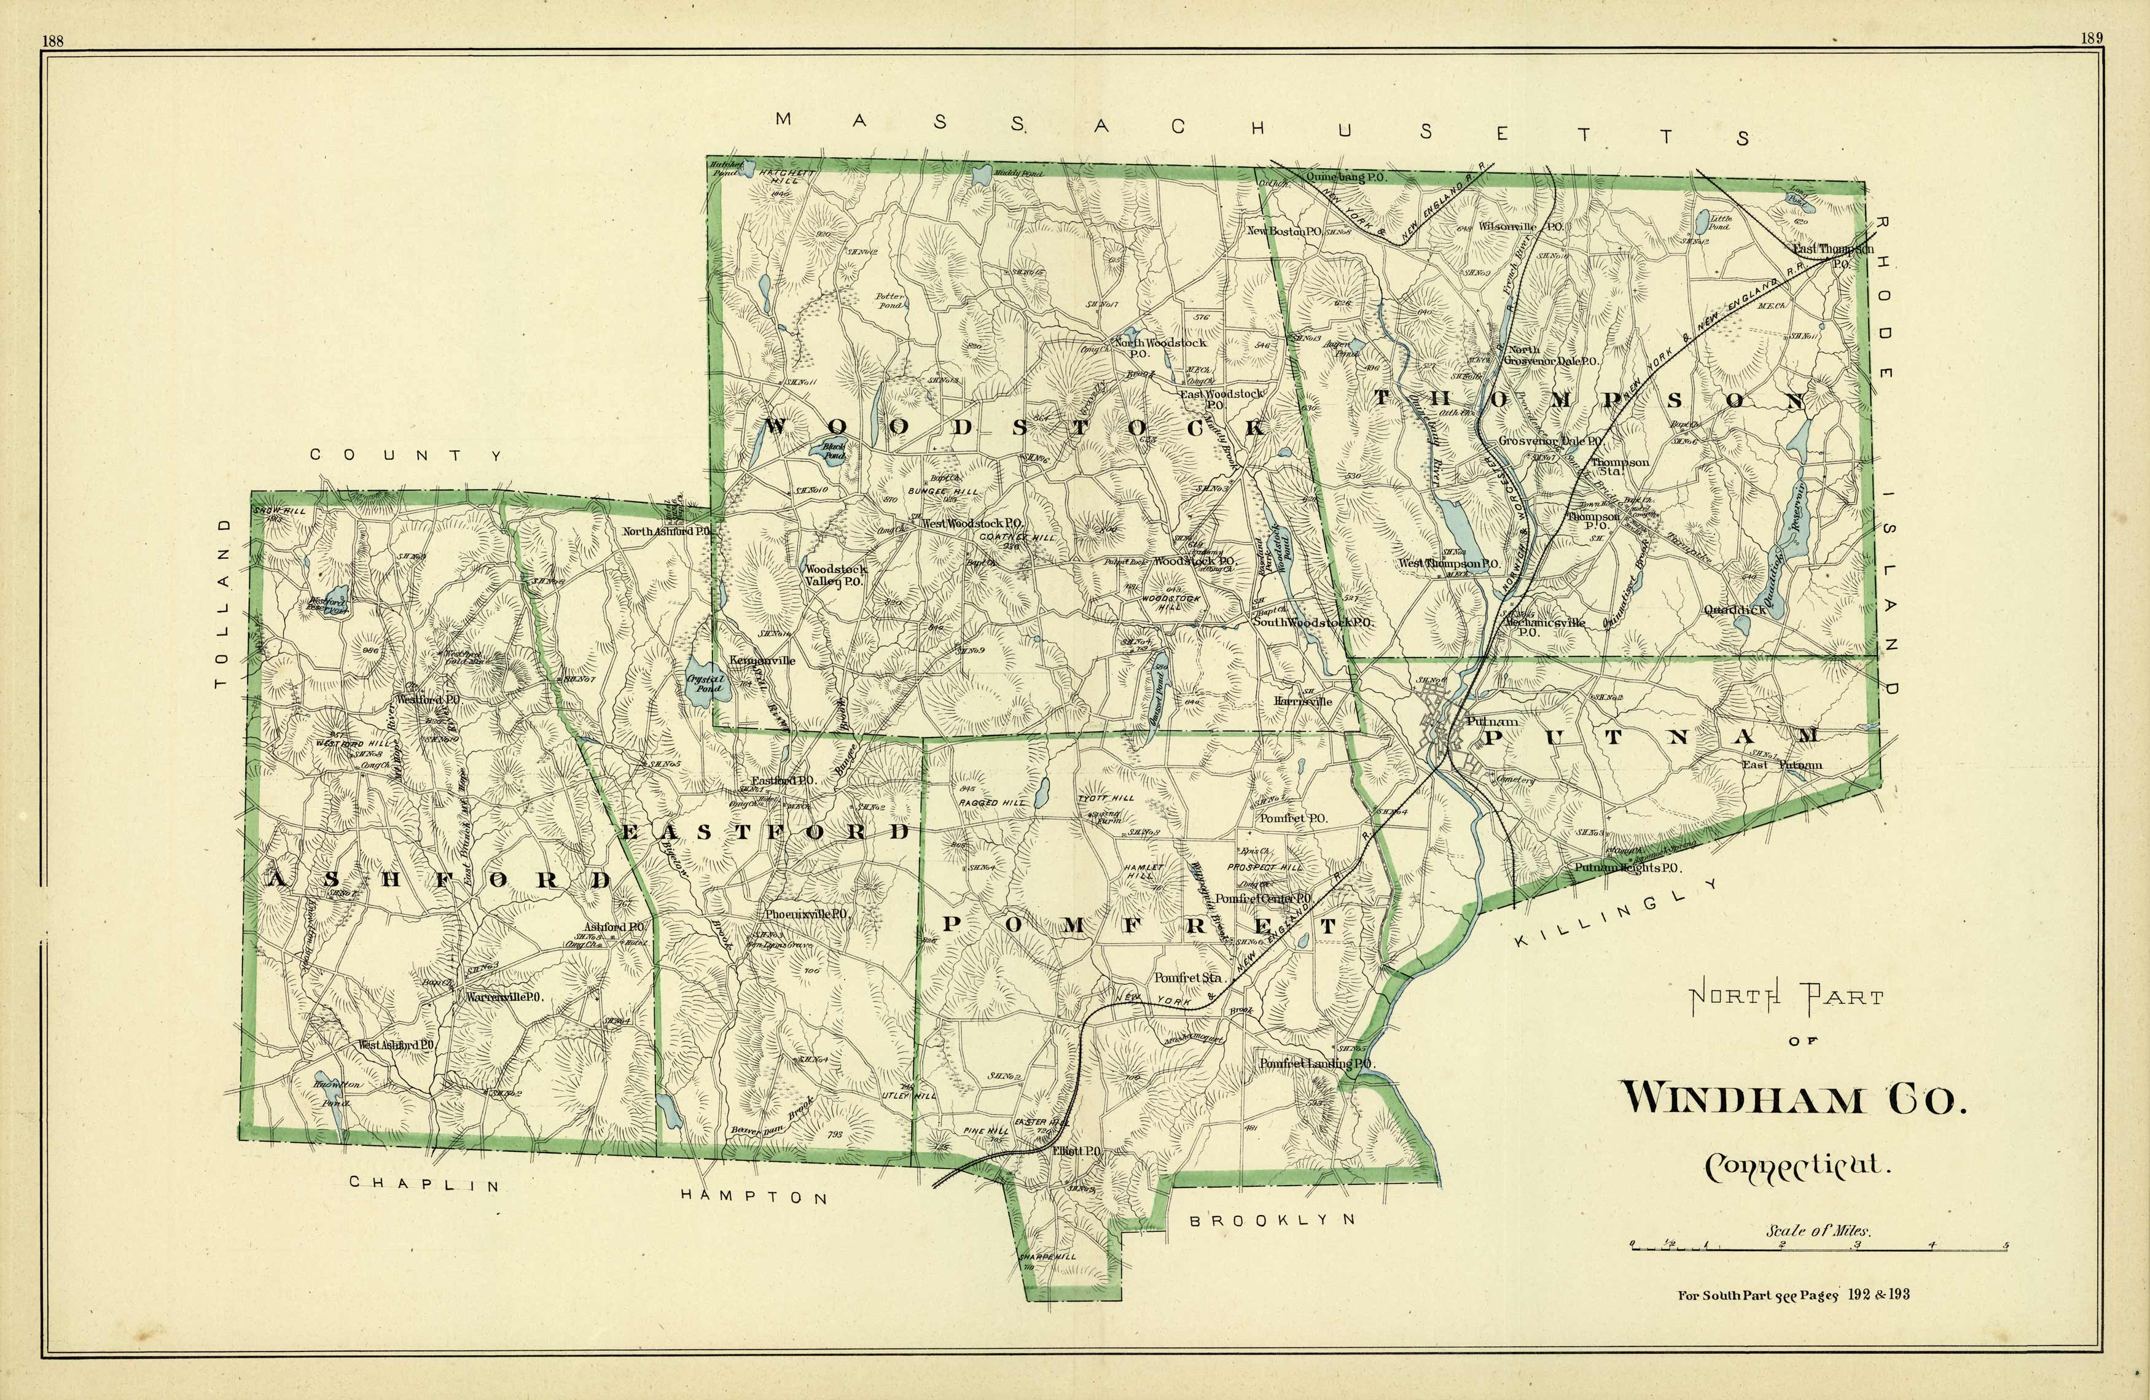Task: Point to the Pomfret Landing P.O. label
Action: click(1316, 1064)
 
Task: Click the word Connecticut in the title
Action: click(1797, 1166)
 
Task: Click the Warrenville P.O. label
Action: click(502, 997)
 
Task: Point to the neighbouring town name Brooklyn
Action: click(1272, 1220)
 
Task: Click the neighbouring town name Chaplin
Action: click(424, 1183)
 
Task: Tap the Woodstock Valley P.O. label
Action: click(835, 575)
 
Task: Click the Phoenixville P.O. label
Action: click(806, 914)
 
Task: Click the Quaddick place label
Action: click(1735, 610)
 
